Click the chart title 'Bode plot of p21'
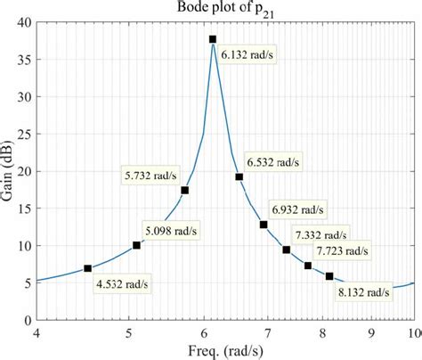pyautogui.click(x=225, y=9)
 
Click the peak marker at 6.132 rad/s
pyautogui.click(x=213, y=39)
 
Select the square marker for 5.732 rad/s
pyautogui.click(x=184, y=190)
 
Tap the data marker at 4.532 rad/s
pyautogui.click(x=87, y=268)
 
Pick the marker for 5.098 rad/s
pyautogui.click(x=136, y=245)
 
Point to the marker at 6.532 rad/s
pyautogui.click(x=239, y=176)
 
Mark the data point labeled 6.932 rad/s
pyautogui.click(x=264, y=225)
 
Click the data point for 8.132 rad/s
pyautogui.click(x=329, y=276)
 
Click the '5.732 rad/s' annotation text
pyautogui.click(x=149, y=175)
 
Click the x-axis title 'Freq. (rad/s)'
pyautogui.click(x=225, y=350)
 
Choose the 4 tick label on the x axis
pyautogui.click(x=37, y=331)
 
